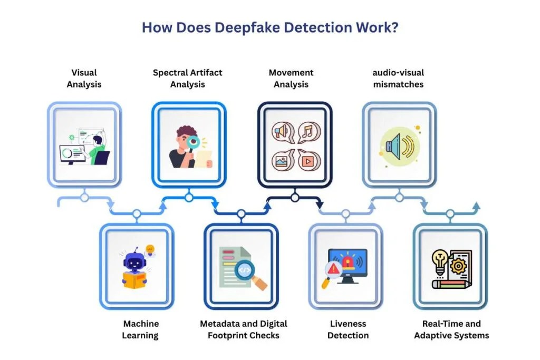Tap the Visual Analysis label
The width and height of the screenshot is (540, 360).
pos(84,79)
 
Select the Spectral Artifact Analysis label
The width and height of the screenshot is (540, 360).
pos(188,79)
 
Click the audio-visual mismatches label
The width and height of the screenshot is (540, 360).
pos(399,79)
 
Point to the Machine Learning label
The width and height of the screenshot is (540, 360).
pos(140,329)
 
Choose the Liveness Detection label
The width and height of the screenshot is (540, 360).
pos(348,329)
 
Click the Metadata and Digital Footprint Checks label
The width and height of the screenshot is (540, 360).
pos(244,329)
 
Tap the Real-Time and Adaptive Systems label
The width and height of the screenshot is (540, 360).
pos(451,329)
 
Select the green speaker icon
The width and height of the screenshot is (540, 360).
pos(400,147)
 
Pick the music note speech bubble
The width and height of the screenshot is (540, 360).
pos(309,132)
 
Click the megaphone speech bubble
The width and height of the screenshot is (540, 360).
pos(283,132)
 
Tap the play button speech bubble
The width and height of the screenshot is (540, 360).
pos(309,160)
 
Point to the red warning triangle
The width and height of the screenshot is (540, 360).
pos(333,268)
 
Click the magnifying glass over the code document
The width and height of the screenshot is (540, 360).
pos(249,274)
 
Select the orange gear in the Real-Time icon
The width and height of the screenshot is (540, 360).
pos(458,266)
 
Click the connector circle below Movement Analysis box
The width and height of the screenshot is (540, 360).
pos(294,198)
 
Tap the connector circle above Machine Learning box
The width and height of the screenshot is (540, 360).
pos(137,214)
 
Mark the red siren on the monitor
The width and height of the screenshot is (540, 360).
pos(348,262)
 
